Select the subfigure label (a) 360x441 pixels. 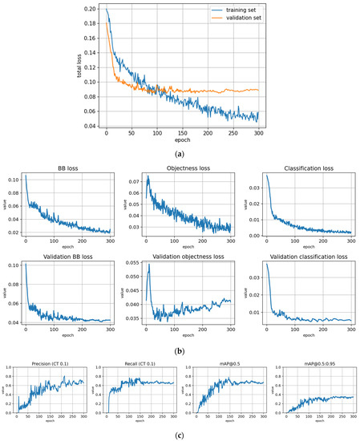(x=180, y=151)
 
